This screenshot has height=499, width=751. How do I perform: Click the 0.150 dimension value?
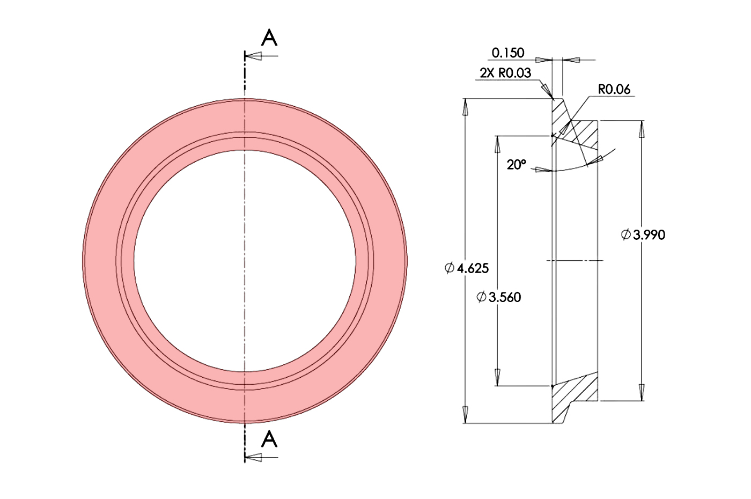pyautogui.click(x=507, y=53)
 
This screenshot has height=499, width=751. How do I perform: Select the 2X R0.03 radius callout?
pyautogui.click(x=505, y=73)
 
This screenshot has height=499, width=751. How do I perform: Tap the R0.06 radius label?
pyautogui.click(x=614, y=89)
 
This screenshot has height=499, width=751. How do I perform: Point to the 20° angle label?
pyautogui.click(x=516, y=165)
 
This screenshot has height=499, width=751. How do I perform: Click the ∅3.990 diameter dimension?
pyautogui.click(x=643, y=235)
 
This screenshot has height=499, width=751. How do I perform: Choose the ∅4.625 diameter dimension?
pyautogui.click(x=467, y=268)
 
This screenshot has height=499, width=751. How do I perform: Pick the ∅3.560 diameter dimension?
pyautogui.click(x=499, y=297)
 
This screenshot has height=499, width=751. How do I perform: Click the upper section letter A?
pyautogui.click(x=269, y=38)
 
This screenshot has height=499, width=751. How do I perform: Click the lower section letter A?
pyautogui.click(x=269, y=439)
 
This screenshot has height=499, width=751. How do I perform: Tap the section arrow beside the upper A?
pyautogui.click(x=254, y=56)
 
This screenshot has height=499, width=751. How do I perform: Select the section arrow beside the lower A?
pyautogui.click(x=254, y=457)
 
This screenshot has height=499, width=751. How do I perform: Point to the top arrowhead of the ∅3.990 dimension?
pyautogui.click(x=642, y=129)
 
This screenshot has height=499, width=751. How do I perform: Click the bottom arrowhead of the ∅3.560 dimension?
pyautogui.click(x=498, y=378)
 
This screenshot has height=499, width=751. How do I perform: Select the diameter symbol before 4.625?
pyautogui.click(x=450, y=268)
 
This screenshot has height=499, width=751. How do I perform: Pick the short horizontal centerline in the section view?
pyautogui.click(x=575, y=261)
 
